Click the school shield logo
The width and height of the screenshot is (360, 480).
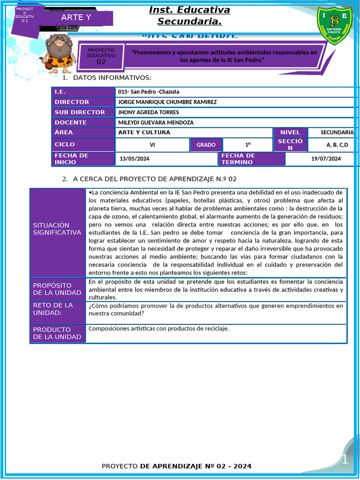[334, 25]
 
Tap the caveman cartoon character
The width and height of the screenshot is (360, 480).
[58, 53]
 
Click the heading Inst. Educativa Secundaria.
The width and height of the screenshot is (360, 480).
[189, 15]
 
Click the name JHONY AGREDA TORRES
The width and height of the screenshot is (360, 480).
[148, 112]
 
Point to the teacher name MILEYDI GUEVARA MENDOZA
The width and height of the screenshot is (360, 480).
[156, 123]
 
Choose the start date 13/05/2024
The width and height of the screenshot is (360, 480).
[135, 159]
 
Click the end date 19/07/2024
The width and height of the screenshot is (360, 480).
[326, 159]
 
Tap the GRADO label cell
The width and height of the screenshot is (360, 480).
[206, 145]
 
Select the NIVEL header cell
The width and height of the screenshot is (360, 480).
[290, 133]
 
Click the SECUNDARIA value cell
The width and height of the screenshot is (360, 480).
[337, 133]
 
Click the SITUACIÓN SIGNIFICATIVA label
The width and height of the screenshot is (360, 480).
[57, 229]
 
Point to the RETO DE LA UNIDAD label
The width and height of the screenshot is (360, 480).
[53, 309]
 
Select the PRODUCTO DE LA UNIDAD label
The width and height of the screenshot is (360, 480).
[57, 333]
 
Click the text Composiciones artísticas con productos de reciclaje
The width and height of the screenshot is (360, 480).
[158, 329]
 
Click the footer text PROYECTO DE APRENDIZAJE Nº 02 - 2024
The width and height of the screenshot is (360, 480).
[176, 466]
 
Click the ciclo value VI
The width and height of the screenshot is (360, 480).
[152, 145]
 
